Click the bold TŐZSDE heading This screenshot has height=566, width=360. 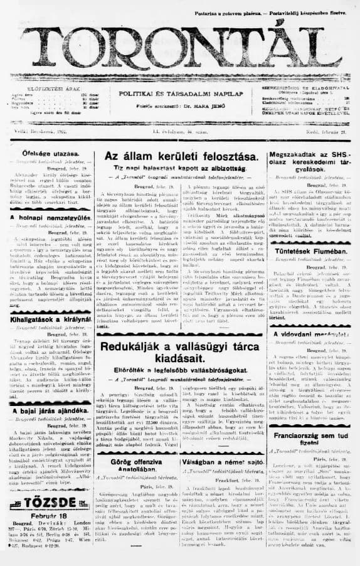tap(46, 503)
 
